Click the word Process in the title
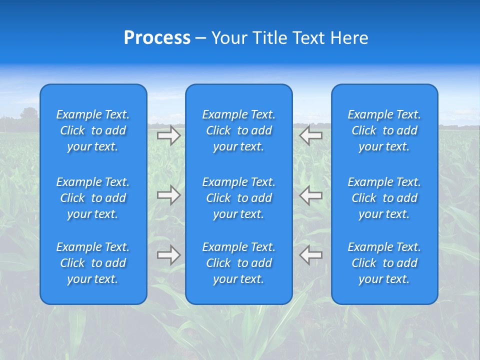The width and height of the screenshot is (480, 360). coord(157,38)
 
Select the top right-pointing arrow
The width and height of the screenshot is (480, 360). coord(168,135)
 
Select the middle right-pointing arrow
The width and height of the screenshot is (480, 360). coord(168,195)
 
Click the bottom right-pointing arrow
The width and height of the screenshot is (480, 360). coord(168,255)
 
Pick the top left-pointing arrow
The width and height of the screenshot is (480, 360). coord(311,135)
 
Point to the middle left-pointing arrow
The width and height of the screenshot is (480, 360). coord(311,195)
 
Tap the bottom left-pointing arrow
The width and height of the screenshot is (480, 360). coord(311,255)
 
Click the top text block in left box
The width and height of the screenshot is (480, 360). coord(93,130)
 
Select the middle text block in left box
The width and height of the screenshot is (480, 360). coord(93,198)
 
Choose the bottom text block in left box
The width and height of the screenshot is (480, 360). coord(93,263)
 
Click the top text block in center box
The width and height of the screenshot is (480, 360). coord(239,130)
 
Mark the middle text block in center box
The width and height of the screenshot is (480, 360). coord(239,198)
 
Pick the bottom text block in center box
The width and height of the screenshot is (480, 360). coord(239,263)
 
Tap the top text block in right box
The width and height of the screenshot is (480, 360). coord(384,130)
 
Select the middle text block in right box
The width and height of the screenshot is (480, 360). coord(384,198)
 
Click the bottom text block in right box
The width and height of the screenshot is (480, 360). coord(384,263)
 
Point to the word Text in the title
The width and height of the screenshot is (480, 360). coord(308,38)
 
